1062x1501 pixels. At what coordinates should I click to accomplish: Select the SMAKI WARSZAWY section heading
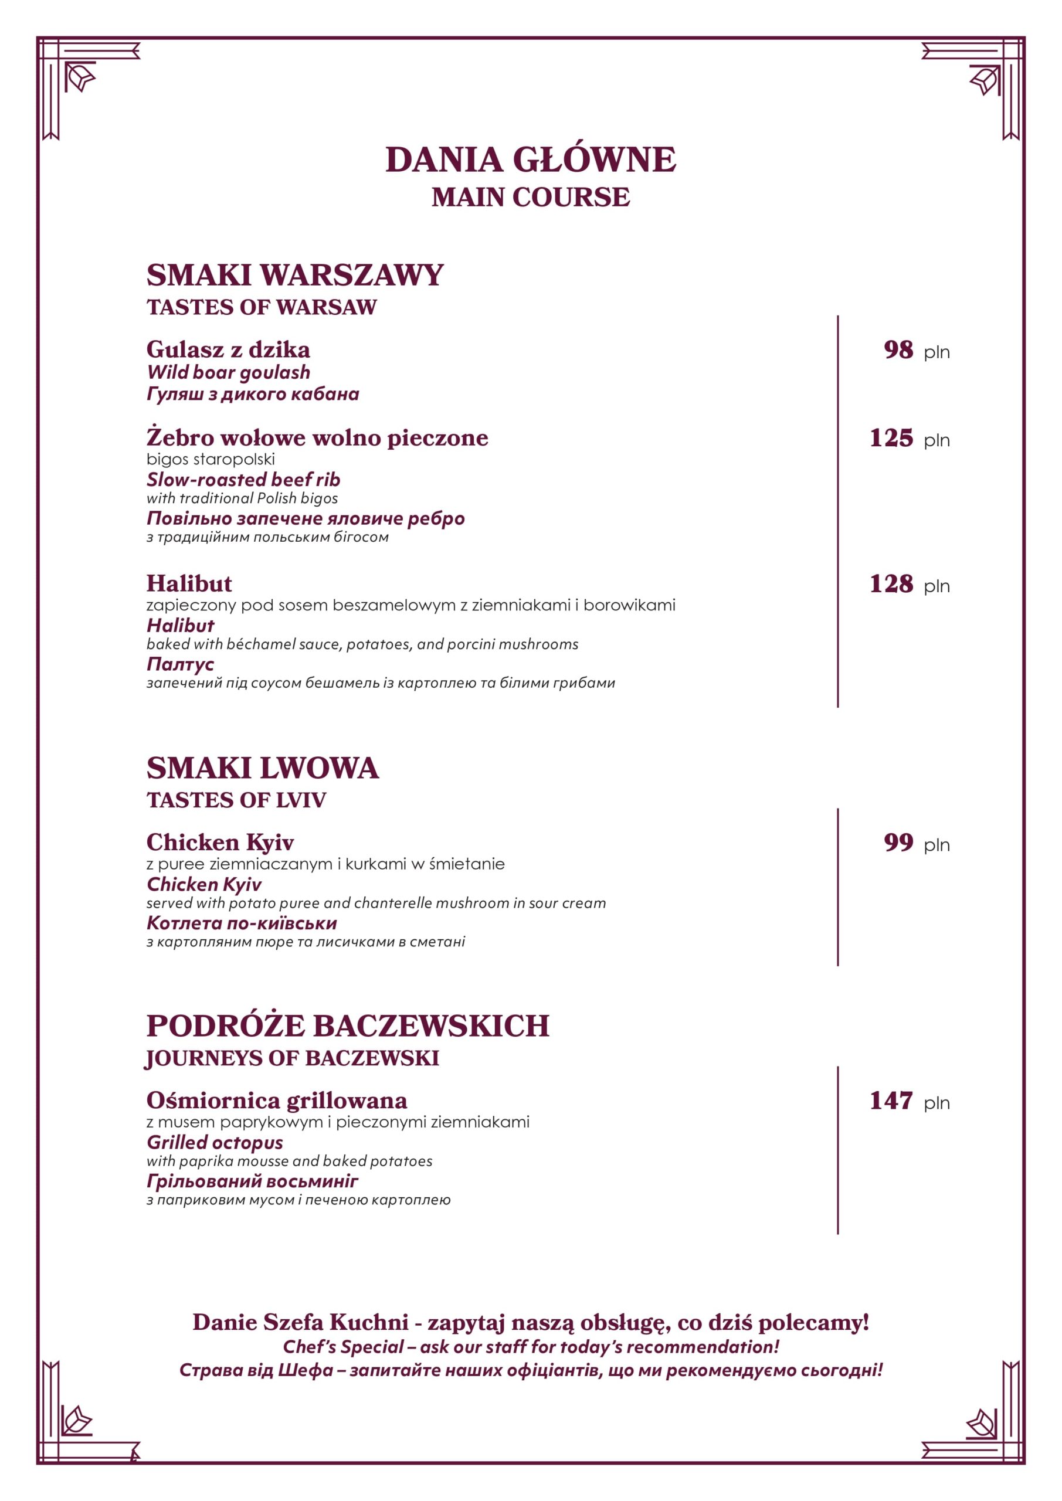tap(295, 275)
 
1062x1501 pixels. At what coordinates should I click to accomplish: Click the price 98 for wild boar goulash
tap(898, 350)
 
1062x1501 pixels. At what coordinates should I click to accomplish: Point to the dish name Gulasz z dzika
tap(228, 350)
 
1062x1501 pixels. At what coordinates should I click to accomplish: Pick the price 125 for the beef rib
tap(891, 438)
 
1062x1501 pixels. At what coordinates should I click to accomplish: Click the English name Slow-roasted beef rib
tap(243, 479)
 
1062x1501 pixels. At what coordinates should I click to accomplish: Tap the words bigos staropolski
tap(211, 459)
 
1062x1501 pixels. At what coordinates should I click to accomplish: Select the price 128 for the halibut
tap(891, 584)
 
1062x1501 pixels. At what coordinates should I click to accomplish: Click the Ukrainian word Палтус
tap(181, 664)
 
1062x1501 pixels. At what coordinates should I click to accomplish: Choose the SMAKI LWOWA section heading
tap(262, 768)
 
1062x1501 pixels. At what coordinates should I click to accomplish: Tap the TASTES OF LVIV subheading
tap(236, 800)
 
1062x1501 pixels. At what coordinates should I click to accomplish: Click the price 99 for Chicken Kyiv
tap(898, 843)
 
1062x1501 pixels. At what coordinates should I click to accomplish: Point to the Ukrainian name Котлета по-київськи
tap(242, 923)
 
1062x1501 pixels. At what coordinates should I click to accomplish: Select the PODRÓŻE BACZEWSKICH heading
tap(347, 1027)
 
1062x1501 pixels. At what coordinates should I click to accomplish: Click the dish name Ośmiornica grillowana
tap(277, 1101)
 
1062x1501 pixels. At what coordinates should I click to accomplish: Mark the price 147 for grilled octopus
tap(891, 1101)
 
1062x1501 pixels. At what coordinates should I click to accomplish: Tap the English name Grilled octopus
tap(215, 1142)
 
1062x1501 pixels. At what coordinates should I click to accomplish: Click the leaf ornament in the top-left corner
tap(80, 79)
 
